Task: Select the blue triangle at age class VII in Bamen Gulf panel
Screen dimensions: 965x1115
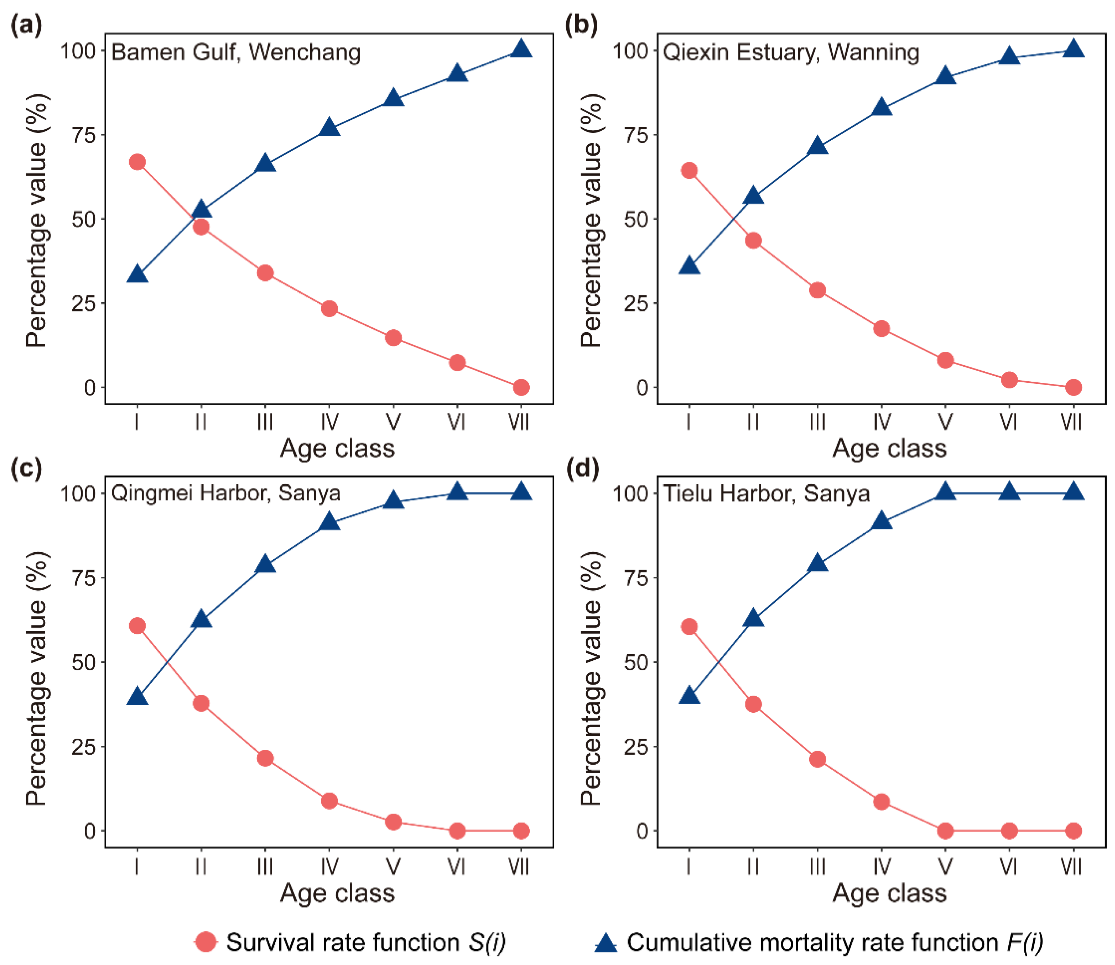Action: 521,50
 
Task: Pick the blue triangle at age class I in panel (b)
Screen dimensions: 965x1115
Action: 689,266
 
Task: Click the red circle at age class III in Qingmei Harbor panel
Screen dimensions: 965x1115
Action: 265,758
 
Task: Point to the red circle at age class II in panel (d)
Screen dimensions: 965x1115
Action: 753,704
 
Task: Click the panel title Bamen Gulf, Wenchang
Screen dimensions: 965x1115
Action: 236,52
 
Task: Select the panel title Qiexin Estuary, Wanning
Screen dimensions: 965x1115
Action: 790,52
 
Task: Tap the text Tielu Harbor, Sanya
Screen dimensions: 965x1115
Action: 766,493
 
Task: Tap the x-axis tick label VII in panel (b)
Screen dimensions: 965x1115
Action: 1072,422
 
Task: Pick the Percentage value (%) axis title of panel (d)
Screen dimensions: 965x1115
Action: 591,678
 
